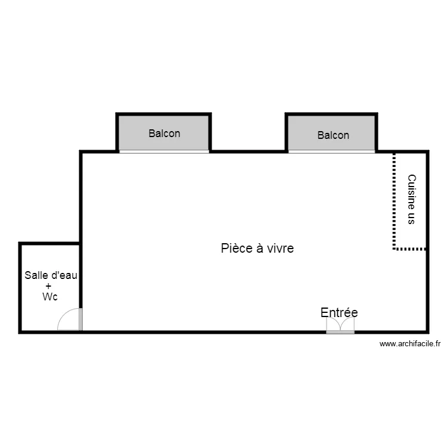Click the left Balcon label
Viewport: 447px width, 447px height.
pos(164,134)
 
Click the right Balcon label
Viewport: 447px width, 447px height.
pos(333,135)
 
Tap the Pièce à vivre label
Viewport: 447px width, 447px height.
pos(257,248)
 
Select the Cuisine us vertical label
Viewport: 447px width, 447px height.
pos(411,199)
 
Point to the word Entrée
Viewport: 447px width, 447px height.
pos(339,312)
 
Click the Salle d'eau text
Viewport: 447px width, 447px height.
pos(51,275)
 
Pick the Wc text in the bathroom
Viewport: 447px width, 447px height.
pos(50,297)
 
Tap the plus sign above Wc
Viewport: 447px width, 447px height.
pos(48,286)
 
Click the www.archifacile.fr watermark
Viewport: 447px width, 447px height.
pos(409,344)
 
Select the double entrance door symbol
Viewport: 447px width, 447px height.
pos(340,325)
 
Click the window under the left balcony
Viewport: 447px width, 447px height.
pos(164,151)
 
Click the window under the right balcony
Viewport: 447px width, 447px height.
pos(332,151)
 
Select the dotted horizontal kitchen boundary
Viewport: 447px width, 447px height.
pos(410,249)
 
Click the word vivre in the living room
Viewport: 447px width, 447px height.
pos(280,248)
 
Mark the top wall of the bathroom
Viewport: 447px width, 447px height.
pos(49,243)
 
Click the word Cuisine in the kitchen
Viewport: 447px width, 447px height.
pos(411,191)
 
